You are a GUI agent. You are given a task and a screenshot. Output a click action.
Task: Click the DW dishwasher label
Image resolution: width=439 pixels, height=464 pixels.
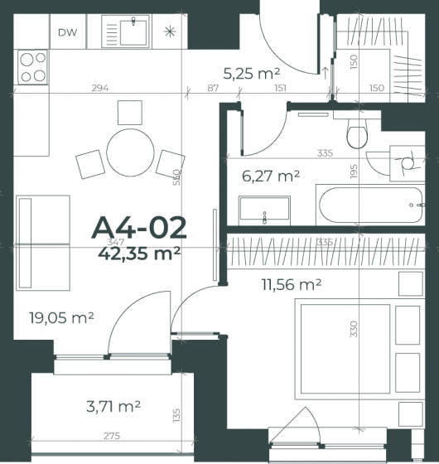click(68, 32)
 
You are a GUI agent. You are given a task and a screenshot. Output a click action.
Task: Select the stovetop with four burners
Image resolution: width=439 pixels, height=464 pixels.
click(32, 67)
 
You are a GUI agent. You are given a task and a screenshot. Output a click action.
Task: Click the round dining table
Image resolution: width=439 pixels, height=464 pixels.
click(130, 152)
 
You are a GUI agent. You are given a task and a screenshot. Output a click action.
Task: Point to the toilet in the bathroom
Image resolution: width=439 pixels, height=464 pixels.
click(357, 133)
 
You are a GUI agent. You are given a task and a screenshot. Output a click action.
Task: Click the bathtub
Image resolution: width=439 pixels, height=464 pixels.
click(371, 205)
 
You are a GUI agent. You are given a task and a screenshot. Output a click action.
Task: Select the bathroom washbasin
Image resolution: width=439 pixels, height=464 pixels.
click(264, 210)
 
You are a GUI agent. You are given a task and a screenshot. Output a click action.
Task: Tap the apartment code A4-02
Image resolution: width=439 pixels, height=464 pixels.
click(139, 228)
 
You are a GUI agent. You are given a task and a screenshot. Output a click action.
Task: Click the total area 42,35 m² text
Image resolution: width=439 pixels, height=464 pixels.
click(139, 254)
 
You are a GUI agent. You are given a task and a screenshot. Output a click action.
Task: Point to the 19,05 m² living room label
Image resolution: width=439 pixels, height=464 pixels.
click(61, 318)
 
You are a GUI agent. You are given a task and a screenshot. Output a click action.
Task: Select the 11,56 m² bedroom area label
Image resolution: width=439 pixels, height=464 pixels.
click(292, 284)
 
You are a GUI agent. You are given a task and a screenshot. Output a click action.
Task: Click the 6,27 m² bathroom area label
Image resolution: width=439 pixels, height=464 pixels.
click(271, 176)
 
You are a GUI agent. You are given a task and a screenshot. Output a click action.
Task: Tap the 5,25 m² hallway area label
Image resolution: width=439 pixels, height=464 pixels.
click(251, 74)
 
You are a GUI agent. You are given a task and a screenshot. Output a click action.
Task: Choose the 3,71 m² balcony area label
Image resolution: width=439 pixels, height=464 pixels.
click(113, 406)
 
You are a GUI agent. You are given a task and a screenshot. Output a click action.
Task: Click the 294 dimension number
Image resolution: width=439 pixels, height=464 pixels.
click(100, 88)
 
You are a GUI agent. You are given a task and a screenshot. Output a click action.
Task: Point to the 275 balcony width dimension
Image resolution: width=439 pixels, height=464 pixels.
click(112, 436)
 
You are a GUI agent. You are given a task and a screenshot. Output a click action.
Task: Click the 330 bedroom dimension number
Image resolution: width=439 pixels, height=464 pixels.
click(354, 329)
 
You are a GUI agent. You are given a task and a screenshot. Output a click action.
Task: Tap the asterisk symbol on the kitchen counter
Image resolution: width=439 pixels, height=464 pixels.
click(170, 31)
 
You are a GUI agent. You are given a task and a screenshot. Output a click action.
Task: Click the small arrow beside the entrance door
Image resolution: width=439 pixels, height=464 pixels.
click(325, 73)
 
